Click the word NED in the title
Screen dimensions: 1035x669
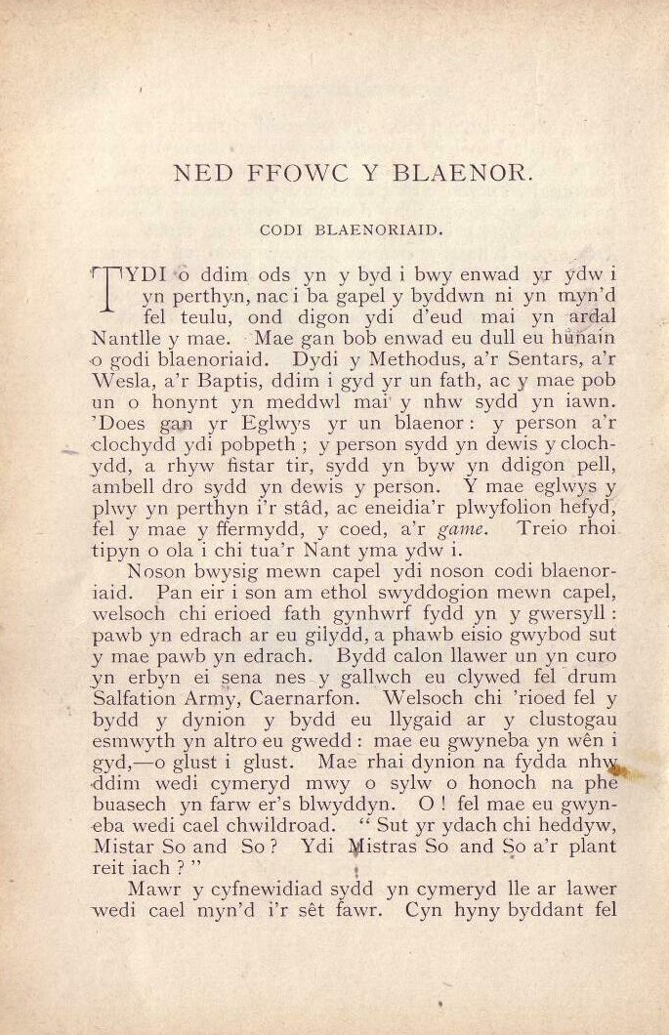[197, 176]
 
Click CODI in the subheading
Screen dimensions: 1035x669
[282, 231]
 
